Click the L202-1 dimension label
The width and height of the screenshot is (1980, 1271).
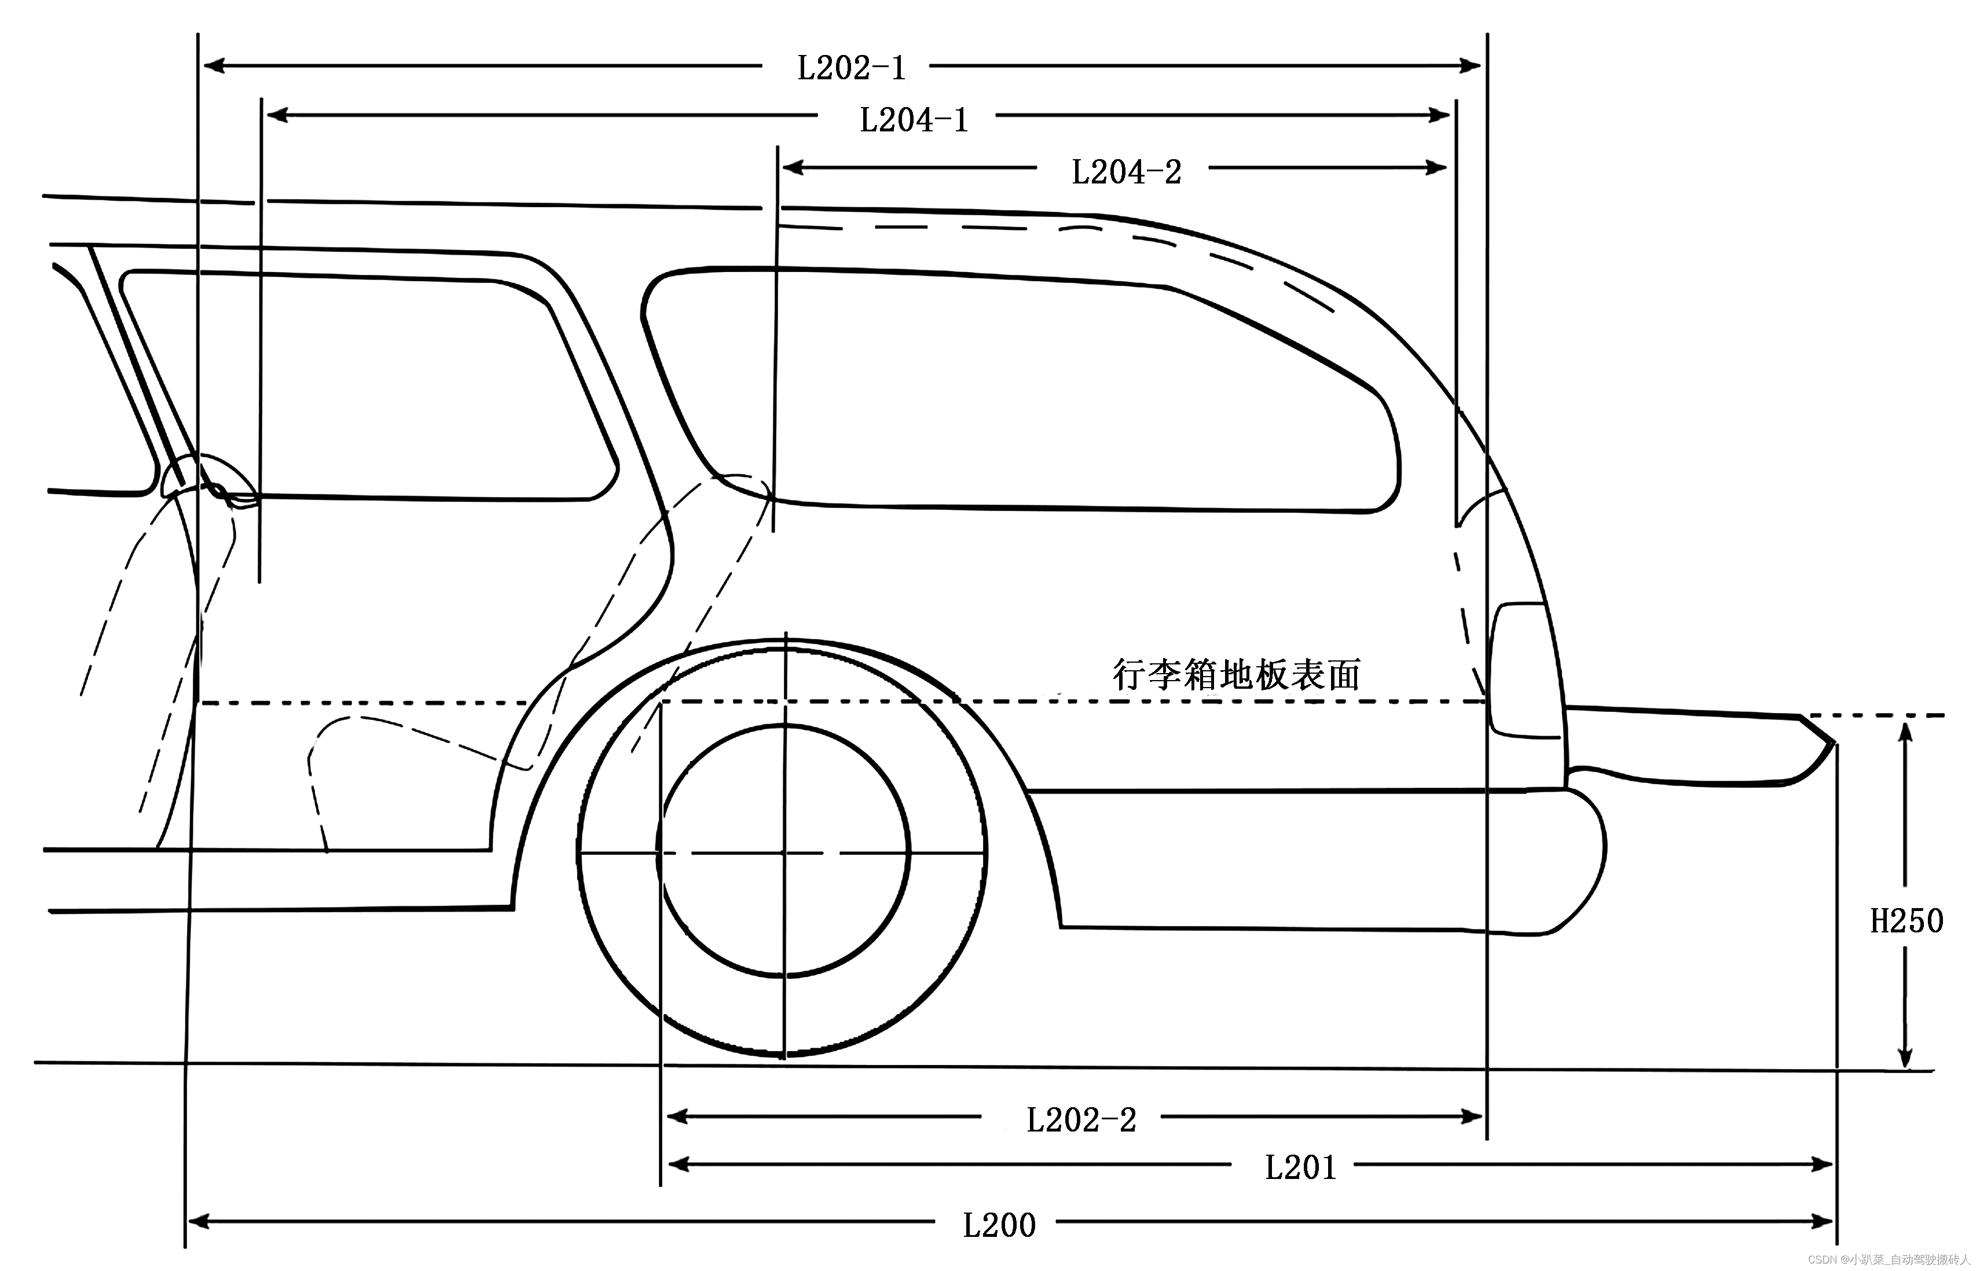click(x=851, y=68)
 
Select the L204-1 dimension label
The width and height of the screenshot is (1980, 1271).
click(x=914, y=120)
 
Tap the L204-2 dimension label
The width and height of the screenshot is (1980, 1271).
click(x=1126, y=172)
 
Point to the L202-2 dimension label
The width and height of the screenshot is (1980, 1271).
click(x=1081, y=1120)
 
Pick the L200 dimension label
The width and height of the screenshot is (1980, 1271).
click(x=999, y=1226)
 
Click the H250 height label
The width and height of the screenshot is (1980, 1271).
click(x=1906, y=921)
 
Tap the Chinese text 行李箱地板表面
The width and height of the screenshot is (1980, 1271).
click(x=1235, y=675)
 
